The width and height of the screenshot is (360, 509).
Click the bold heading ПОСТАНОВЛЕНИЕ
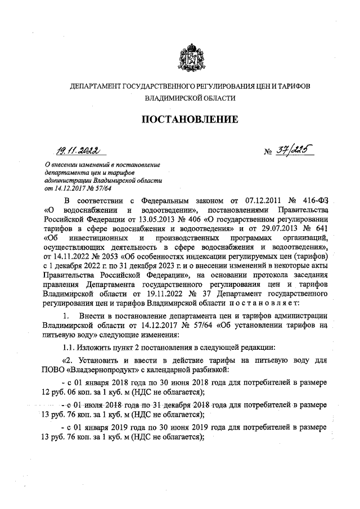click(189, 119)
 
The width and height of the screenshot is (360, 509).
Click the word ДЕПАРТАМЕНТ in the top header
click(94, 86)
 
